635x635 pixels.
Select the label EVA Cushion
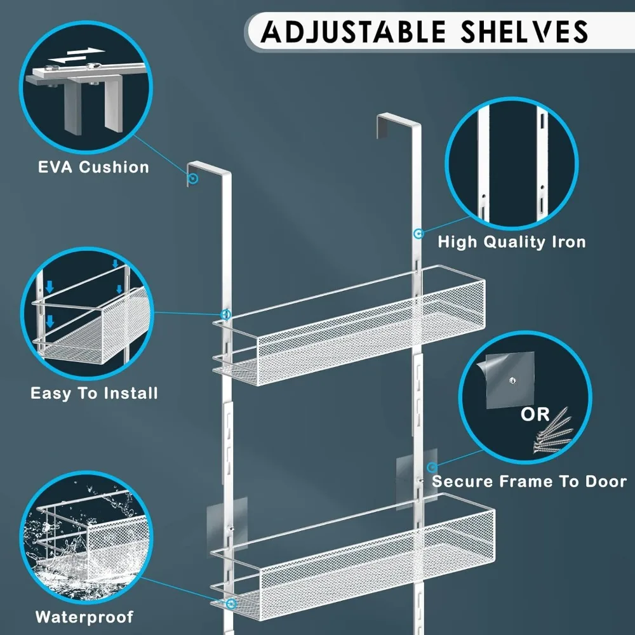93,168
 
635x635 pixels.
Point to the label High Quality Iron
511,242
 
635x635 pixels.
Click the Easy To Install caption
94,393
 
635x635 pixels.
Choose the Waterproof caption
84,617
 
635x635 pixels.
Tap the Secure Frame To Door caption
529,481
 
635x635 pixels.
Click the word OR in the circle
535,415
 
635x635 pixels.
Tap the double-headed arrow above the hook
76,55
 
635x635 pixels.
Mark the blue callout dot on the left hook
194,180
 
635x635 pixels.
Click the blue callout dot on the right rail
418,234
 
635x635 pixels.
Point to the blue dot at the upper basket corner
225,314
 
